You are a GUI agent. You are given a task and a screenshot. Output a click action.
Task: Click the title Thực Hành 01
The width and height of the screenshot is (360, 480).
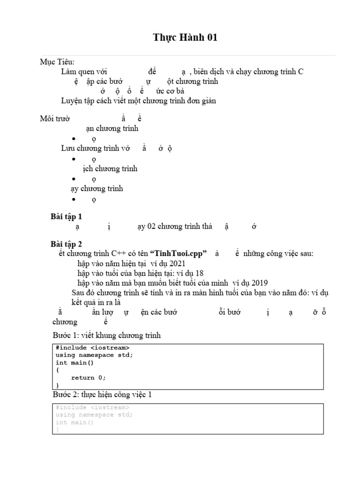[x=185, y=38]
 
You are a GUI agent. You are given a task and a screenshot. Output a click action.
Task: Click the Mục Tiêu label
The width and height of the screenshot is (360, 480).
[x=57, y=62]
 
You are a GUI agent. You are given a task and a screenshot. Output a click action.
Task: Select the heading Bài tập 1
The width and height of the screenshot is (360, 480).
[x=66, y=216]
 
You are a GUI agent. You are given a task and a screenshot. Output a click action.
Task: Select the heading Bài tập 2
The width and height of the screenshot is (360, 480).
[x=66, y=244]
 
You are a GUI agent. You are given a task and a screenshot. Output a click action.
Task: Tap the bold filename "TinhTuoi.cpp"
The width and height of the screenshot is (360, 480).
[x=178, y=254]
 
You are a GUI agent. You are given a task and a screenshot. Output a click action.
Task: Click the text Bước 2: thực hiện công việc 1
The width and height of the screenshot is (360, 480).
[x=102, y=395]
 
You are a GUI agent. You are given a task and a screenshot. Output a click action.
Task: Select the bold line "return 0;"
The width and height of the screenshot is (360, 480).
[x=89, y=378]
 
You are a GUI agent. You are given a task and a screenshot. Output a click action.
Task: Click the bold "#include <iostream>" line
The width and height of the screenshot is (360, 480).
[x=92, y=348]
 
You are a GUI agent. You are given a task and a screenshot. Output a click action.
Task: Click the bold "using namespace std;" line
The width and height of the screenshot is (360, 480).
[x=94, y=355]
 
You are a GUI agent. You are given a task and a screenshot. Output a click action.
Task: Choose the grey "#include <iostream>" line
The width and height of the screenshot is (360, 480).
[x=92, y=407]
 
